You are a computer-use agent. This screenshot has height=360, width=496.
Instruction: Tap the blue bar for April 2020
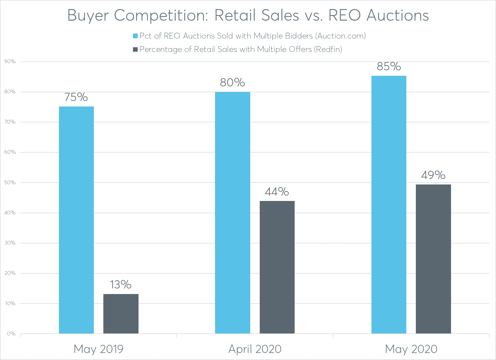[232, 212]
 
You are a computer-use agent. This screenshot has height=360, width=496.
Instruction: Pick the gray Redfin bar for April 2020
[277, 267]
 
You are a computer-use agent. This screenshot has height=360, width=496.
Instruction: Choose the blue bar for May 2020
[389, 204]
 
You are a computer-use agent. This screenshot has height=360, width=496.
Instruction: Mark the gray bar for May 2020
[433, 259]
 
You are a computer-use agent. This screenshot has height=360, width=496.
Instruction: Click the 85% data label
[389, 67]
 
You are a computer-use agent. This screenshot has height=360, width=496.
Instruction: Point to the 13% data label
[121, 285]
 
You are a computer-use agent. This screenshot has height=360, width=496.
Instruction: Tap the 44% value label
[277, 192]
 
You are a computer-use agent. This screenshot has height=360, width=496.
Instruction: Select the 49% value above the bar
[433, 175]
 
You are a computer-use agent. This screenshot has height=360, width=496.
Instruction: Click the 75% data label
[76, 97]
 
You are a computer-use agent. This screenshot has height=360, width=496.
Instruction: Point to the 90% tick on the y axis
[10, 61]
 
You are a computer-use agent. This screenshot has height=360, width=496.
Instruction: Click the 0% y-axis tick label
[11, 333]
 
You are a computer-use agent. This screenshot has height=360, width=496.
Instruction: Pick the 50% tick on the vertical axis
[10, 183]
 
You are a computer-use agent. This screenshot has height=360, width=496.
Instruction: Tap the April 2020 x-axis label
[255, 349]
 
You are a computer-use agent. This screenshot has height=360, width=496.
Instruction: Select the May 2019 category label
[99, 349]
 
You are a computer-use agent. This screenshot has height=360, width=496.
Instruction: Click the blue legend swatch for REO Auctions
[135, 36]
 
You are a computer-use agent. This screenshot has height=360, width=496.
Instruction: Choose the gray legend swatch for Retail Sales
[135, 49]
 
